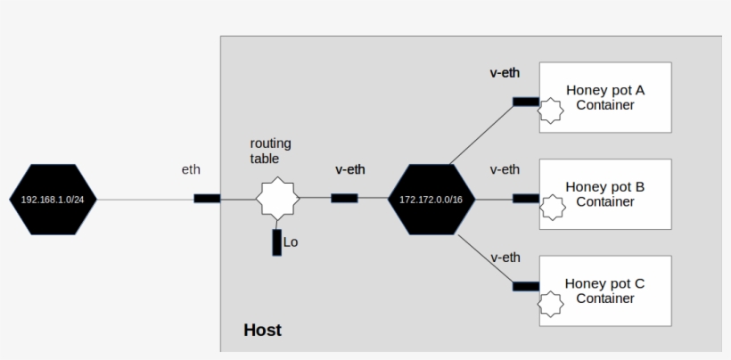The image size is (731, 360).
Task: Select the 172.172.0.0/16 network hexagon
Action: click(431, 199)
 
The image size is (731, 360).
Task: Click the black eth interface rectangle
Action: click(207, 198)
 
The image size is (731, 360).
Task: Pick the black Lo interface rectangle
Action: click(277, 241)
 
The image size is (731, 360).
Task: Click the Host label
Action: click(262, 331)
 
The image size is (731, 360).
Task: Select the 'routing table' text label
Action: click(270, 151)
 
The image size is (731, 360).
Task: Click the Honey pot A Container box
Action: click(605, 97)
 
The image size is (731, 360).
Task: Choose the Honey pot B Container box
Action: click(605, 194)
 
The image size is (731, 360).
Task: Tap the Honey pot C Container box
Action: click(605, 290)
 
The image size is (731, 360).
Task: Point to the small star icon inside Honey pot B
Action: click(553, 208)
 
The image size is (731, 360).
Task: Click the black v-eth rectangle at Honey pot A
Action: click(526, 102)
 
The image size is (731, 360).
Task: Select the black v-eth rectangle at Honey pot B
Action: click(526, 198)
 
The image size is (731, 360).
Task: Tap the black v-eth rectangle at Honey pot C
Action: click(526, 286)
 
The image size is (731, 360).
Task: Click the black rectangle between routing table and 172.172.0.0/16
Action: click(344, 198)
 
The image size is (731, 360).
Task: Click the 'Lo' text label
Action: click(291, 241)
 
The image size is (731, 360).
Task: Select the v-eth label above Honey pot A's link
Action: click(505, 73)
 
